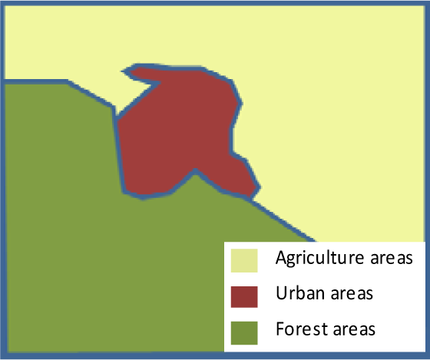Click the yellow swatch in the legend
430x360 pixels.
pyautogui.click(x=244, y=259)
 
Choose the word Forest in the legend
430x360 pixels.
pyautogui.click(x=296, y=329)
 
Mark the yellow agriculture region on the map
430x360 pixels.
pyautogui.click(x=330, y=115)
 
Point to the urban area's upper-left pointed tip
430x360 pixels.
pyautogui.click(x=125, y=71)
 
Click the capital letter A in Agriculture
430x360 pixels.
pyautogui.click(x=281, y=257)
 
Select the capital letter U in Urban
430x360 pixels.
pyautogui.click(x=280, y=293)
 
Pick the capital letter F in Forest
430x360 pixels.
pyautogui.click(x=279, y=329)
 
